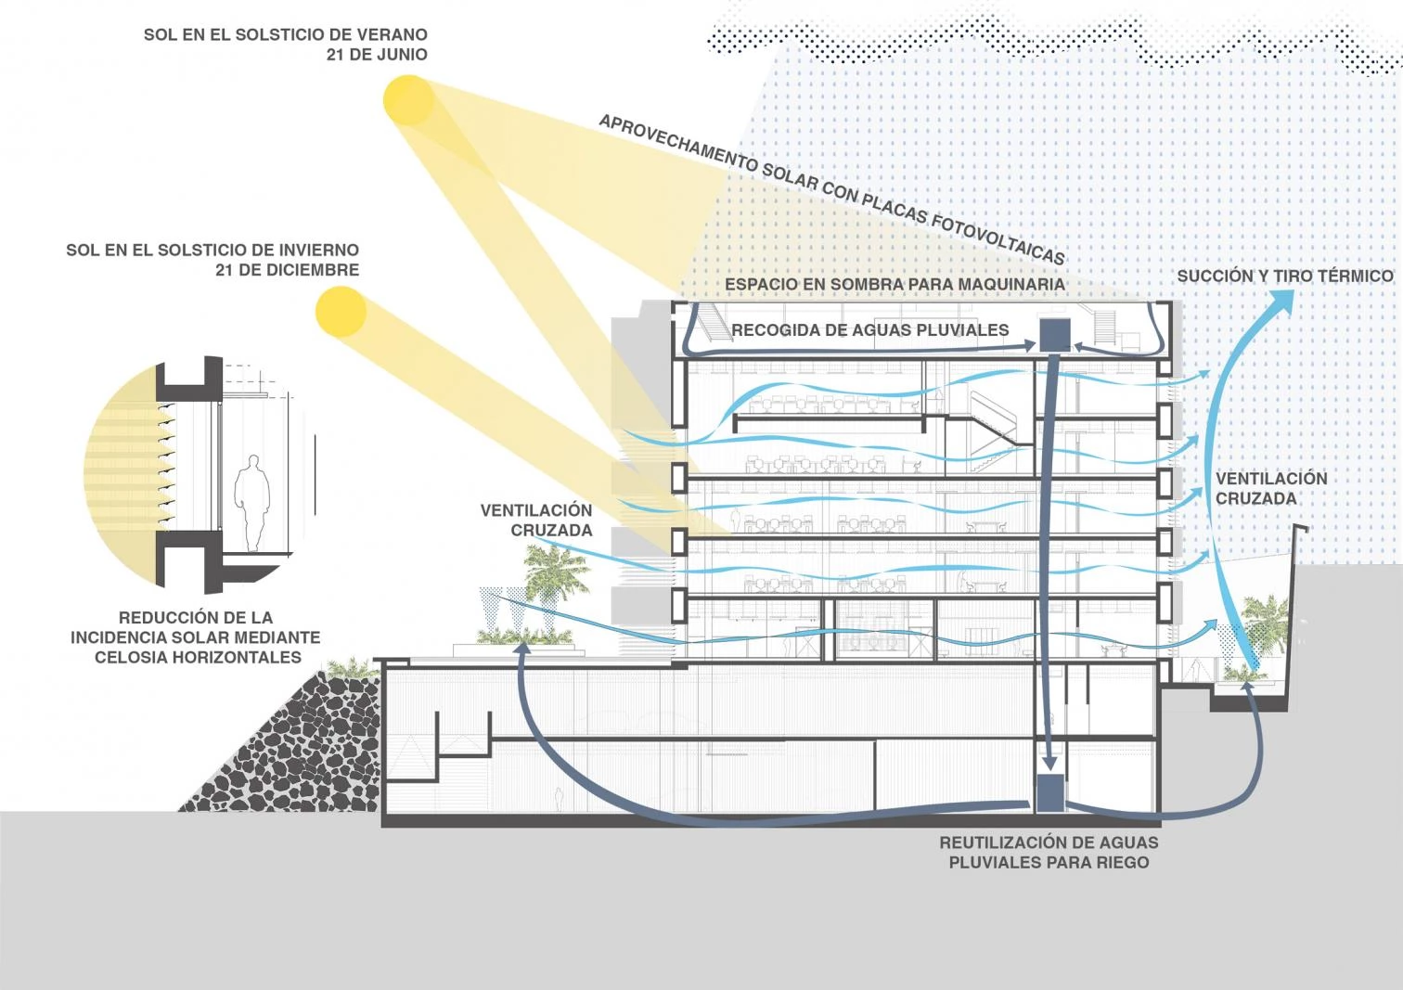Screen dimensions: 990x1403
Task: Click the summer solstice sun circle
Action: click(409, 100)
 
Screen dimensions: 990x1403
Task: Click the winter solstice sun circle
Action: click(341, 311)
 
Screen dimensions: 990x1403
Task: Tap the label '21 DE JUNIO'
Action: click(377, 55)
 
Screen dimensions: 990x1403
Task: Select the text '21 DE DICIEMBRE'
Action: click(287, 270)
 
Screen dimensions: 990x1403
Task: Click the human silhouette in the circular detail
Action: click(251, 502)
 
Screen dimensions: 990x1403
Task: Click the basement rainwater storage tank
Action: click(1049, 791)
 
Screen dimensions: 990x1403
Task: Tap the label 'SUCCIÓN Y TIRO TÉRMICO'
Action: click(1284, 276)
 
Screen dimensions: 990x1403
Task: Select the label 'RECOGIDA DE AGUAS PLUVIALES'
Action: click(869, 330)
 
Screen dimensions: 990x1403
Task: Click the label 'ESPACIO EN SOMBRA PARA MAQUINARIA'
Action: click(895, 284)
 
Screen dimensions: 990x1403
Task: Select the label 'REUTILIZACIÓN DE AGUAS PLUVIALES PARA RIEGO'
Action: click(1049, 853)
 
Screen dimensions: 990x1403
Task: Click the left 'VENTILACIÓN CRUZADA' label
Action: click(536, 521)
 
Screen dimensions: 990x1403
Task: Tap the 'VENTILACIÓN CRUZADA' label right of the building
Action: click(1271, 488)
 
